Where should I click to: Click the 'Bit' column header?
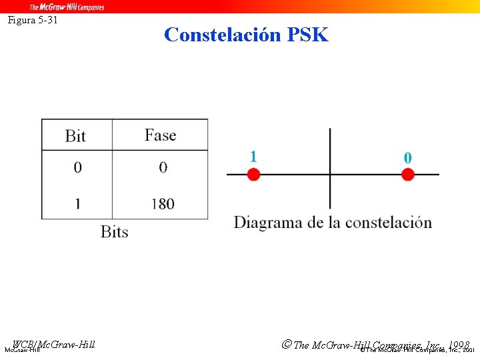coord(75,136)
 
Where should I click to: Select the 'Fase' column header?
coord(160,135)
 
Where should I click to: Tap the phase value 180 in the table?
coord(163,203)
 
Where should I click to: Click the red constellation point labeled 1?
coord(253,175)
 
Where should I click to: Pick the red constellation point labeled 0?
coord(408,175)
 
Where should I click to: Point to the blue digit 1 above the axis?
coord(253,157)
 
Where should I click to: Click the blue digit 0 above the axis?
coord(408,158)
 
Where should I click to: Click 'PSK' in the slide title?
coord(308,35)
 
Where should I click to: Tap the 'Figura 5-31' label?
coord(33,20)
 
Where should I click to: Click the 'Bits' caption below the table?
coord(114,232)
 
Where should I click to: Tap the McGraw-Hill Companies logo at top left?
coord(67,7)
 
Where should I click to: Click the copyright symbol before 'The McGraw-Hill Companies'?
coord(286,345)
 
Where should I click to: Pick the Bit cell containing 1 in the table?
coord(77,203)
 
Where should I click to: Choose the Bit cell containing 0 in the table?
coord(77,167)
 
